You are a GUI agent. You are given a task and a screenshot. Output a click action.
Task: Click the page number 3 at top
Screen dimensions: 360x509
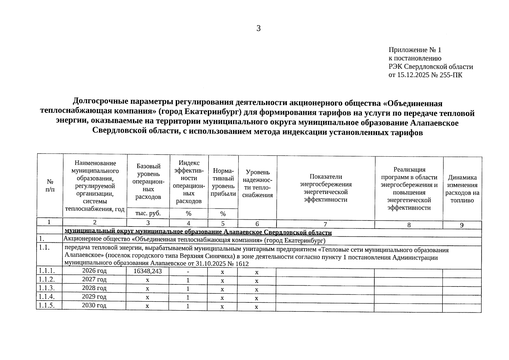[259, 28]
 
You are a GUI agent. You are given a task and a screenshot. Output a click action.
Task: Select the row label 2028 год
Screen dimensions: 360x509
[94, 288]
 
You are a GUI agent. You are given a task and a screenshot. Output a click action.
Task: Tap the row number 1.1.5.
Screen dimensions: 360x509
[46, 305]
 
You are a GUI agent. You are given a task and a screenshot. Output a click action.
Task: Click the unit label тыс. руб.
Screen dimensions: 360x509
[148, 213]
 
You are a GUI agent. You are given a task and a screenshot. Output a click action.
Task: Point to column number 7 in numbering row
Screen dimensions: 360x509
[325, 224]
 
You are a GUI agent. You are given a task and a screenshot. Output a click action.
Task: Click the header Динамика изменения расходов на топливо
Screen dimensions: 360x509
[462, 189]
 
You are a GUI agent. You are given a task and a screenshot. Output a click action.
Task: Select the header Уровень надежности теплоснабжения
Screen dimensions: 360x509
[257, 184]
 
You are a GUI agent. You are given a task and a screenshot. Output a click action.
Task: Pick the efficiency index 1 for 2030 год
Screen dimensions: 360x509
[188, 306]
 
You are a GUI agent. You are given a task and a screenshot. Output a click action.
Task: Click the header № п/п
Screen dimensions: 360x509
[50, 185]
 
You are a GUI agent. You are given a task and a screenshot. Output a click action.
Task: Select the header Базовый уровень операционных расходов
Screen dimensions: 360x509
[148, 181]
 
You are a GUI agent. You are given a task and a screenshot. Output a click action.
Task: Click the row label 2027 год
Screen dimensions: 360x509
[94, 279]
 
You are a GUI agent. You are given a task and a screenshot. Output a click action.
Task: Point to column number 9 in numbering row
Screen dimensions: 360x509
[462, 225]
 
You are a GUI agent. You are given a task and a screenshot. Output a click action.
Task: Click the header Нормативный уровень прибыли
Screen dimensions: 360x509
[223, 182]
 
